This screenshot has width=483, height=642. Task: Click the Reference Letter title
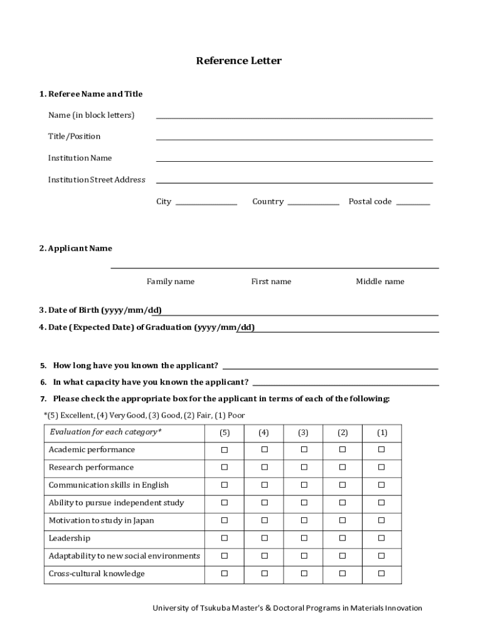(x=238, y=61)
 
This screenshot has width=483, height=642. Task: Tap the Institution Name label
(x=80, y=158)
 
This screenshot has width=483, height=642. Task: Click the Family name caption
(x=171, y=282)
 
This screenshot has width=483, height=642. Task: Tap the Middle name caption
(x=380, y=282)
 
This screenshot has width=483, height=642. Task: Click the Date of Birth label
(x=100, y=310)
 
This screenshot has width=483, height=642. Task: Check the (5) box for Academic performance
(x=225, y=450)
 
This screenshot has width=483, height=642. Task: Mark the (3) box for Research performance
(x=304, y=468)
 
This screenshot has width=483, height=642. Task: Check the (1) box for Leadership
(x=381, y=539)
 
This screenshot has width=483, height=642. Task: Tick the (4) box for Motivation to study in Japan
(x=264, y=520)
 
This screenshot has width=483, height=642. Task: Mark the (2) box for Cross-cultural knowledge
(x=342, y=574)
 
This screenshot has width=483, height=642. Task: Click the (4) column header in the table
(x=264, y=433)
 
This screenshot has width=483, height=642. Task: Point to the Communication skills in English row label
(x=109, y=485)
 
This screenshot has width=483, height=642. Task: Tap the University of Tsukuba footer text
(x=288, y=608)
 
